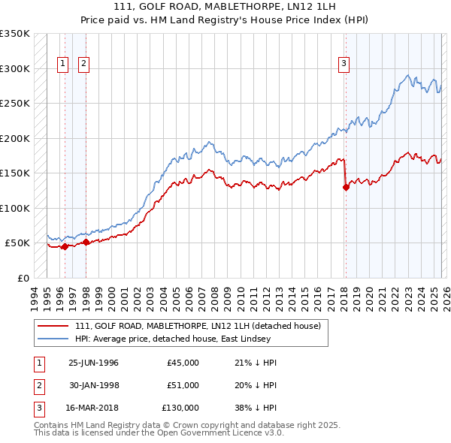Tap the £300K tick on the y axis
(15, 68)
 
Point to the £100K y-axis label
(15, 208)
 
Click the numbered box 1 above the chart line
(63, 64)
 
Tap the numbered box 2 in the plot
(83, 64)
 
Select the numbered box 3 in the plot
(344, 64)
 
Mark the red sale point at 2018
(347, 188)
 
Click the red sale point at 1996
(65, 246)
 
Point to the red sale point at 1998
(86, 242)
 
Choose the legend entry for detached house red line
(198, 326)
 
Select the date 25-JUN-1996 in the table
(93, 363)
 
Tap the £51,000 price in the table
(183, 385)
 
